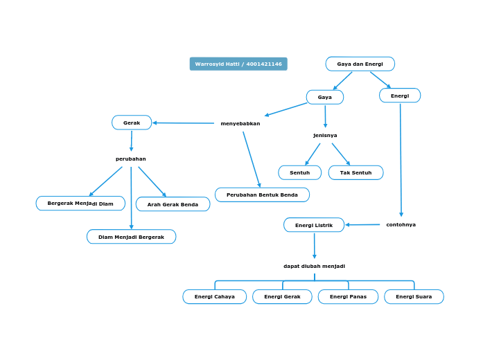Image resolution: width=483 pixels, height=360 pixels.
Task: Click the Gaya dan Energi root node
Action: (360, 64)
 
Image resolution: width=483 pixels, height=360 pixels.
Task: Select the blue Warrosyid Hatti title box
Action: (238, 64)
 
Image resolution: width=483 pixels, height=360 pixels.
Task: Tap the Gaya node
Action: (324, 97)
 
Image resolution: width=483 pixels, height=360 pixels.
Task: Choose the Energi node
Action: (400, 96)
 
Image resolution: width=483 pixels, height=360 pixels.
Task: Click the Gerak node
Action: (132, 123)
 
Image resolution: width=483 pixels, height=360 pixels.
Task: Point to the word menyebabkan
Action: (240, 123)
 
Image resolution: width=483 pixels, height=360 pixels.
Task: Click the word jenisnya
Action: (325, 135)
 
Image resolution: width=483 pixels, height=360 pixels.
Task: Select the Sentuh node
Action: (299, 172)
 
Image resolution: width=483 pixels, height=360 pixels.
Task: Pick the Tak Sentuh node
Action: (355, 172)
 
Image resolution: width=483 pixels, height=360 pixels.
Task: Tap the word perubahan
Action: (131, 159)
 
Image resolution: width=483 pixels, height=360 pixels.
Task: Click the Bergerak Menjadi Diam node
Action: (80, 204)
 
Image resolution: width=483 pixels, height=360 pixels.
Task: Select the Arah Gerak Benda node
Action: (173, 204)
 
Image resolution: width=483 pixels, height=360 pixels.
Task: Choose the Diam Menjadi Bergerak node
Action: (131, 237)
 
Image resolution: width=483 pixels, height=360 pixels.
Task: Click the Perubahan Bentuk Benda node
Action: (262, 195)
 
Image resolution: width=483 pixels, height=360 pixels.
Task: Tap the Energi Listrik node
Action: (314, 225)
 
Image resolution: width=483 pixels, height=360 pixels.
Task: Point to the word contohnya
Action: (401, 224)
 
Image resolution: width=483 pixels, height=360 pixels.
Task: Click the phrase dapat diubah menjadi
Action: (314, 266)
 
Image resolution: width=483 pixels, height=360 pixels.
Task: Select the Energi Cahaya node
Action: (215, 296)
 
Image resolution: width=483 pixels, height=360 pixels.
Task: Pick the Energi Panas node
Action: (348, 296)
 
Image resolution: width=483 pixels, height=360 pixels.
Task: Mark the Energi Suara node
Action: (414, 296)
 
